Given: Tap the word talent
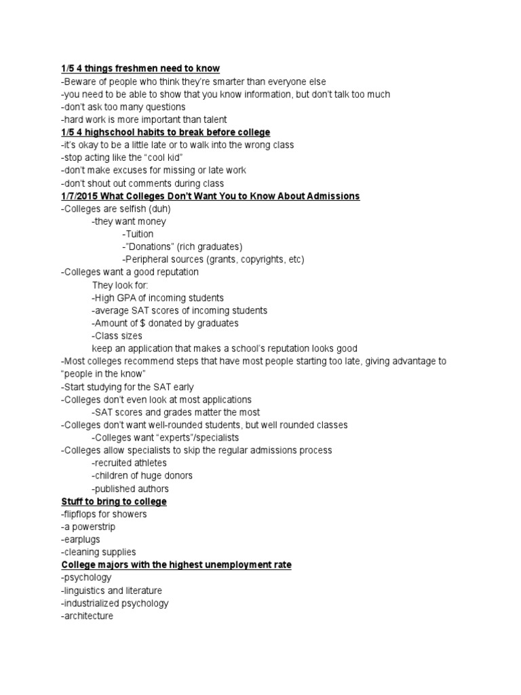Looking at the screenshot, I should click(x=213, y=119).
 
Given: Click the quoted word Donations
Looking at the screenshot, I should click(x=149, y=247).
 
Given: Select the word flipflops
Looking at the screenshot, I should click(x=84, y=514).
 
